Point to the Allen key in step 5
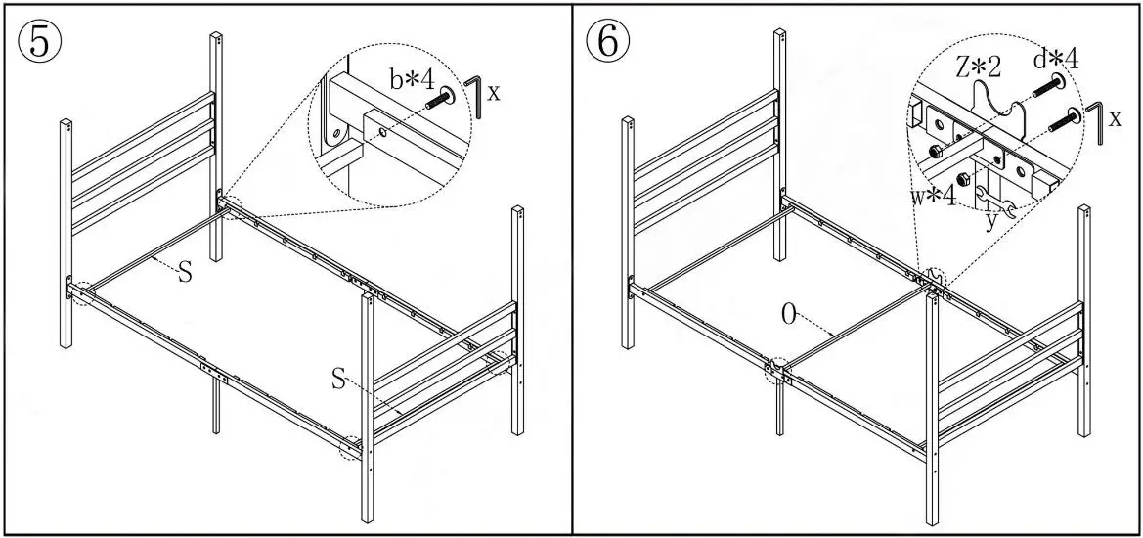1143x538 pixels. tap(474, 96)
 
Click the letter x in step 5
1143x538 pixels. tap(494, 94)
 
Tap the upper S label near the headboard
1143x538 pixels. tap(184, 274)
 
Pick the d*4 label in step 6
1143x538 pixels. tap(1056, 59)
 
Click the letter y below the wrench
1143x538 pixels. tap(991, 219)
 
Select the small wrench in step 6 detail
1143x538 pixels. tap(995, 202)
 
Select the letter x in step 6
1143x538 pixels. tap(1115, 120)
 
